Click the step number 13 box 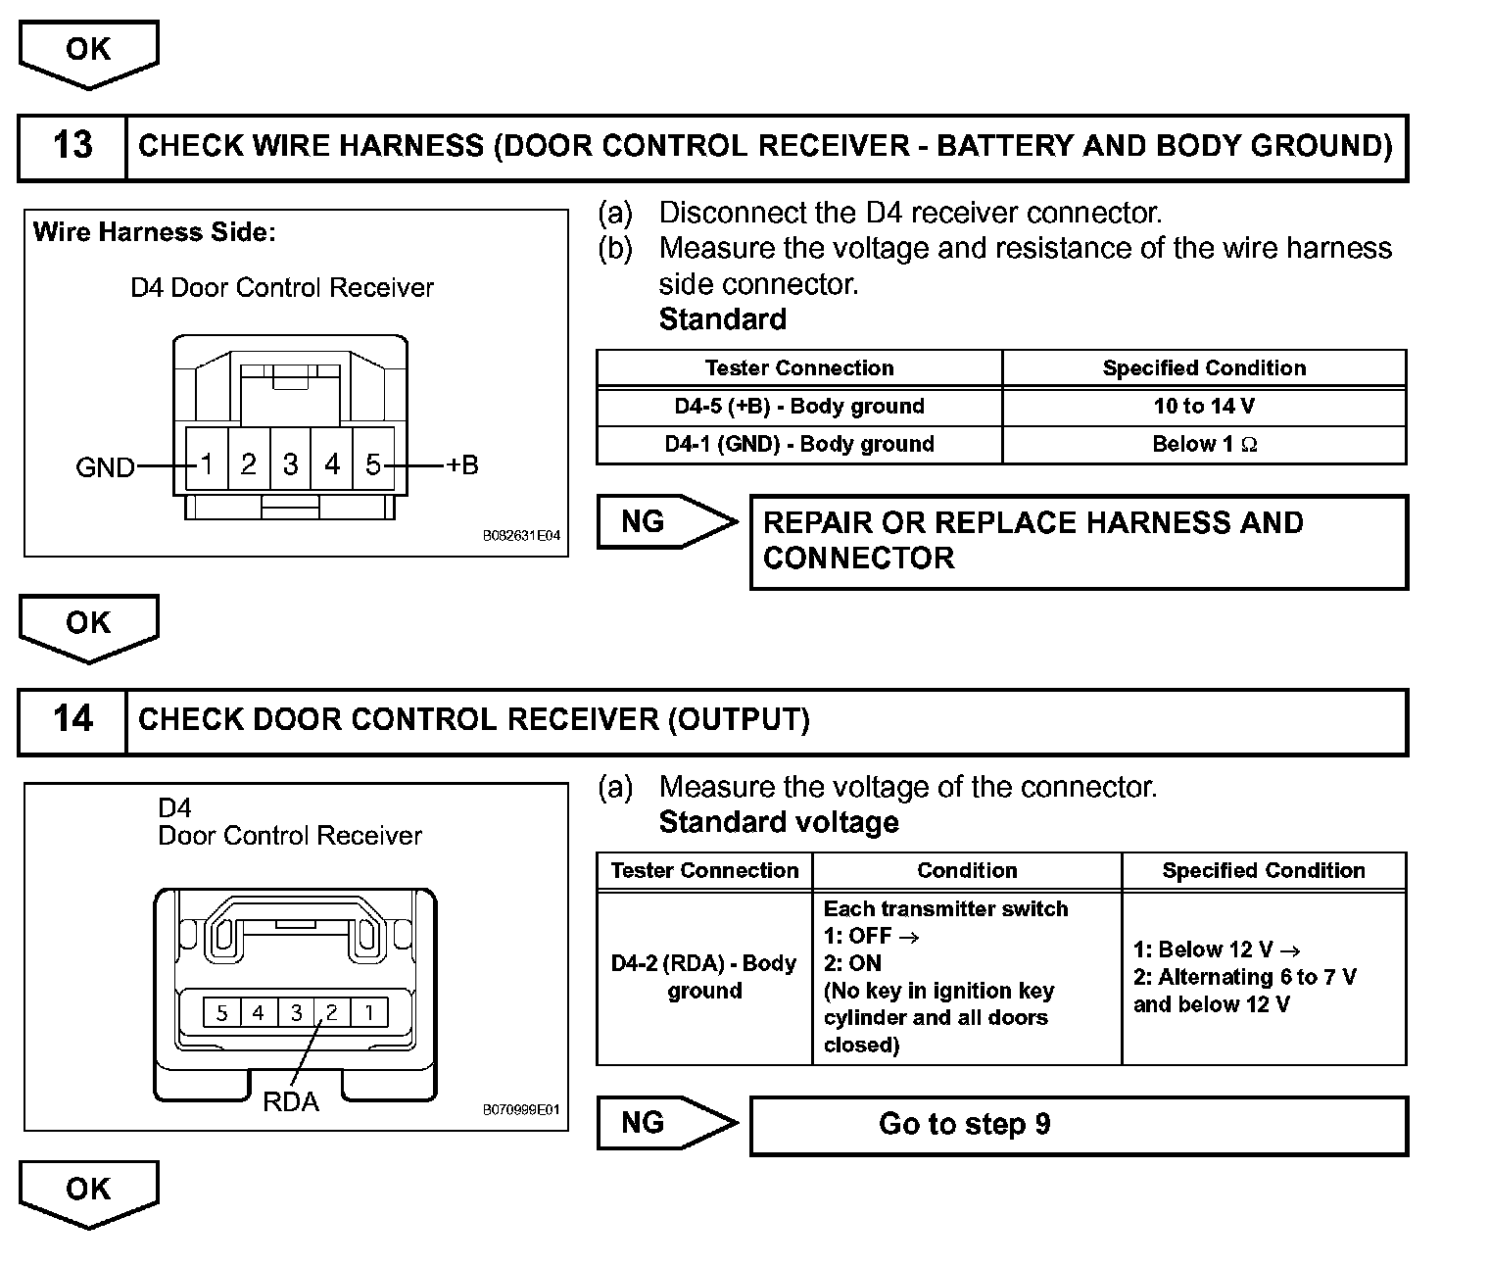tap(72, 147)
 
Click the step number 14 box tap(72, 720)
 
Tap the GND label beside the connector tap(105, 467)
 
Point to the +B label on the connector tap(461, 464)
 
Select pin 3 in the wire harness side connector tap(290, 463)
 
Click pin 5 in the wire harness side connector tap(372, 463)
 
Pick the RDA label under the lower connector tap(291, 1101)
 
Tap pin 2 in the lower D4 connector tap(332, 1012)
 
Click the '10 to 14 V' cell tap(1204, 407)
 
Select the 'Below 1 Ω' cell tap(1204, 444)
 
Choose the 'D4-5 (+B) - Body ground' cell tap(799, 407)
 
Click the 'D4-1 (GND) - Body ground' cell tap(799, 444)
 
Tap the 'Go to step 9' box tap(1079, 1124)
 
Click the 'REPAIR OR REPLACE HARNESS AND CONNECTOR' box tap(1079, 541)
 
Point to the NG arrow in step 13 tap(665, 521)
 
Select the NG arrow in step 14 tap(665, 1122)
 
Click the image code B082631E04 tap(521, 536)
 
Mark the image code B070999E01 tap(521, 1110)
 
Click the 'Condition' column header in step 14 tap(967, 870)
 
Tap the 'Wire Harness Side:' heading tap(155, 232)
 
